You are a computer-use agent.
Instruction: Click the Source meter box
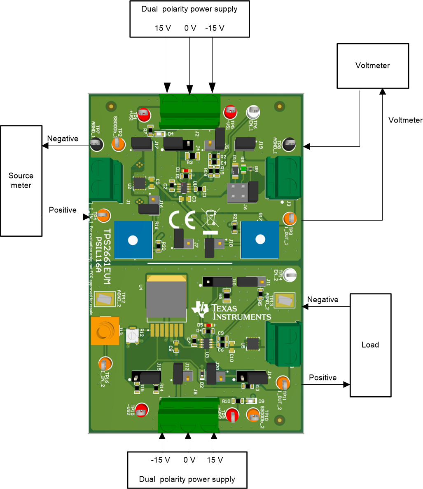[21, 181]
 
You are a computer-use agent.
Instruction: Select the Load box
[370, 345]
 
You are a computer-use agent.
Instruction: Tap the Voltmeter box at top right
[372, 66]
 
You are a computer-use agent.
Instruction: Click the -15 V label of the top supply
[215, 28]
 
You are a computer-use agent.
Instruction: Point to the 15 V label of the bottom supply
[215, 460]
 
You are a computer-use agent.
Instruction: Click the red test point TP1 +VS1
[143, 113]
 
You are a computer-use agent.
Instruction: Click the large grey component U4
[166, 297]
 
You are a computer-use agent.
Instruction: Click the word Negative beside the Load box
[323, 299]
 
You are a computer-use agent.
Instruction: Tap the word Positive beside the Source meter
[63, 210]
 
